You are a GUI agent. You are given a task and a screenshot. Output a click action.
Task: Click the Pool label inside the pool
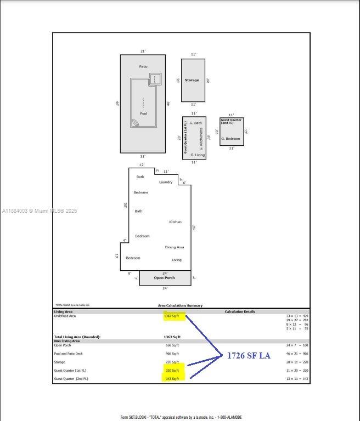(143, 114)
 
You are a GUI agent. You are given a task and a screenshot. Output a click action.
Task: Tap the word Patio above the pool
(143, 67)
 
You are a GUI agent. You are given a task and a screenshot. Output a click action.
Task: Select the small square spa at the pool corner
(155, 79)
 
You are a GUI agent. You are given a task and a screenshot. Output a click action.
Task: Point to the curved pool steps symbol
(135, 123)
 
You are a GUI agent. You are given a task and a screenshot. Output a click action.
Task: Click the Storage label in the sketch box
(192, 80)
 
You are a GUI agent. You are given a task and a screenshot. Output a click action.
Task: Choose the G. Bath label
(195, 123)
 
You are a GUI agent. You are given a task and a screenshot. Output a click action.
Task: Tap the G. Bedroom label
(230, 139)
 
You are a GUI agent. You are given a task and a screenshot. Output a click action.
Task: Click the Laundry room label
(166, 182)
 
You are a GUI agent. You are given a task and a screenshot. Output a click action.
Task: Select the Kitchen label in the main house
(175, 222)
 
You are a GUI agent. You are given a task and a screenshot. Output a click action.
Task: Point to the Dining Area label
(175, 247)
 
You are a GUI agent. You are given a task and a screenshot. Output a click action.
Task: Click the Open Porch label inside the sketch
(164, 278)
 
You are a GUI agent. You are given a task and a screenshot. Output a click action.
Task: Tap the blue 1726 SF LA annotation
(249, 356)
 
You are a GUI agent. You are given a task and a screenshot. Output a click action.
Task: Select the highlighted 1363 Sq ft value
(171, 316)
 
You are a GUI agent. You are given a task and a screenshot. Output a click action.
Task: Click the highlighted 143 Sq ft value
(171, 379)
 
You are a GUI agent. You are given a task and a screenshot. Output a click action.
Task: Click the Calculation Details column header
(240, 311)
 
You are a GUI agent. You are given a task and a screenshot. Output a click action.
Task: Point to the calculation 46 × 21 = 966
(297, 354)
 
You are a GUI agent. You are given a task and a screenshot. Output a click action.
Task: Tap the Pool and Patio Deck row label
(68, 354)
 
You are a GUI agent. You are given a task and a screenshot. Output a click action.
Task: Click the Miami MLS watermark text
(40, 211)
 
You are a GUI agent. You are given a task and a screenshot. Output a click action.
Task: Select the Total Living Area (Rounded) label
(77, 337)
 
